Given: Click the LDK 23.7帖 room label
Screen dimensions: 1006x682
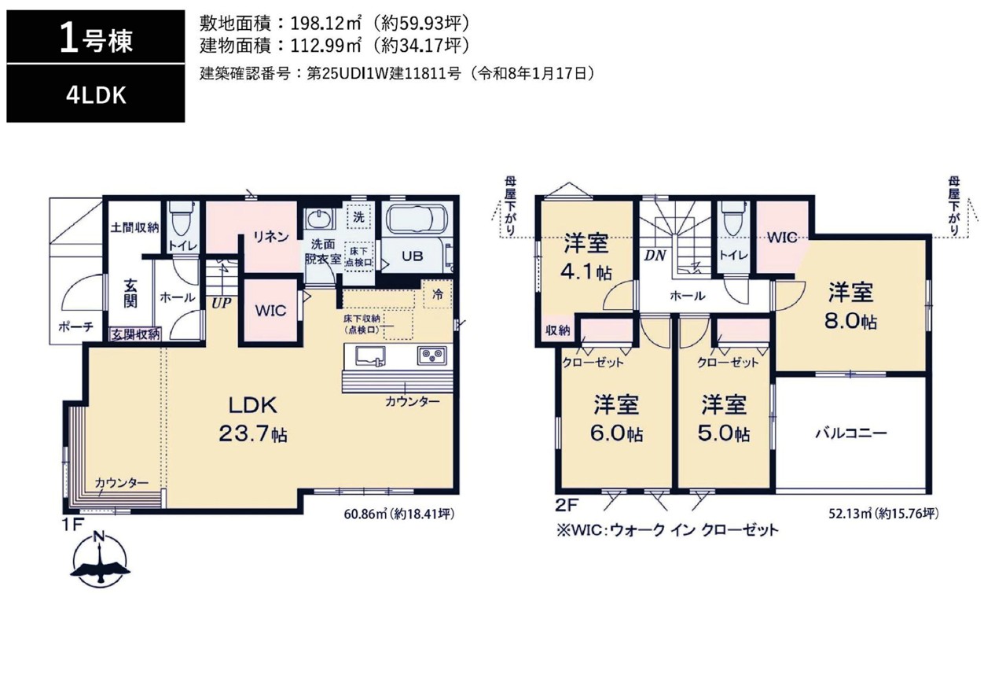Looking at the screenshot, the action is click(253, 420).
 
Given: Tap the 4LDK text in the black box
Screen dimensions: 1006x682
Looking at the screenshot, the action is click(96, 96).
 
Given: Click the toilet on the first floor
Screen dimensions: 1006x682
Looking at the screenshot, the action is click(183, 218).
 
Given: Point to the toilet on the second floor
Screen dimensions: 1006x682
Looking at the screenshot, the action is click(733, 218).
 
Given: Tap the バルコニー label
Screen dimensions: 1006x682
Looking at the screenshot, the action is click(851, 433).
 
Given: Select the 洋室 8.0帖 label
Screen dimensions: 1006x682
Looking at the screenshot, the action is click(850, 306).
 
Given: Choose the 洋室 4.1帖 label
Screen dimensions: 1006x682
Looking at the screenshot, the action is click(586, 257).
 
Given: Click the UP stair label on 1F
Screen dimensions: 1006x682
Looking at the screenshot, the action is click(221, 303).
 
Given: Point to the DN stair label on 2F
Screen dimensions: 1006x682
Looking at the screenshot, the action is click(655, 256).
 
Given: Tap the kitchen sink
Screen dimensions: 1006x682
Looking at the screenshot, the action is click(370, 356).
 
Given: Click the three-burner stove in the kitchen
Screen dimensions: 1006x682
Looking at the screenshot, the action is click(432, 356).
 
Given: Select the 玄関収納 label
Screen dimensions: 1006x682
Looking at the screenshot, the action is click(136, 334).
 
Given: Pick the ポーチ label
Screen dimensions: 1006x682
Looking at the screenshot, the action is click(76, 326).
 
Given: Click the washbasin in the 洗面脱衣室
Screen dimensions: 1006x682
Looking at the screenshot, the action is click(319, 219).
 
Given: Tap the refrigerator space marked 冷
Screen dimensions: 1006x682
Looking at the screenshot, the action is click(438, 294).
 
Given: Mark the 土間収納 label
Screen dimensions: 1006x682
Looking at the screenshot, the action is click(134, 227).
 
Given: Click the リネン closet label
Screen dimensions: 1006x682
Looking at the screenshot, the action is click(271, 237).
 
